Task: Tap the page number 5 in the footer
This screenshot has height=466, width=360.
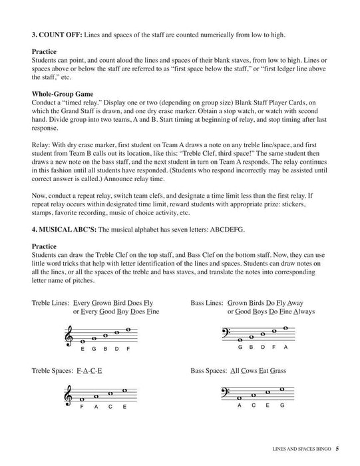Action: pyautogui.click(x=337, y=448)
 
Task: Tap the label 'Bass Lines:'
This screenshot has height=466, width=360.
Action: pyautogui.click(x=207, y=302)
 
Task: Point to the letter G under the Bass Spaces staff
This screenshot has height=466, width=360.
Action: pyautogui.click(x=283, y=406)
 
